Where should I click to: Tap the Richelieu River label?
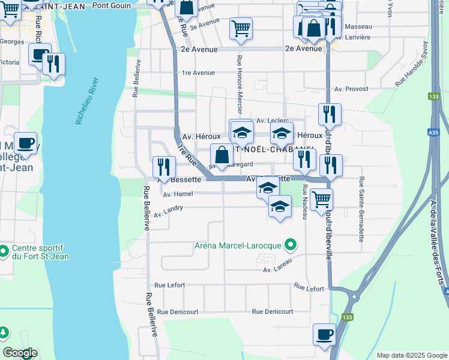point(86,100)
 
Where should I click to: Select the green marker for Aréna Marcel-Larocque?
point(291,244)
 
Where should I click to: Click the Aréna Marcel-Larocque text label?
point(238,245)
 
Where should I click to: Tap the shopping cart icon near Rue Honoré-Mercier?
point(241,28)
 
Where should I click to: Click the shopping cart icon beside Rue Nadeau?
point(321,199)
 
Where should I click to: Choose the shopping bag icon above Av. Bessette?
point(221,155)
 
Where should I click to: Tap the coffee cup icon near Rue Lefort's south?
point(324,334)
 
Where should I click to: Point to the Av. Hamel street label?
point(178,194)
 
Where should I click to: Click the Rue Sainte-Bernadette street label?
point(362,209)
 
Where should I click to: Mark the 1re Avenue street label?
point(198,73)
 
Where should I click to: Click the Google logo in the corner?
point(20,353)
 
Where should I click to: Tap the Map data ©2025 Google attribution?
point(411,355)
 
